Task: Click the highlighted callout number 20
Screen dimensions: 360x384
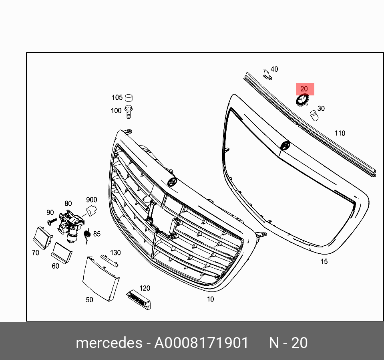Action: (304, 89)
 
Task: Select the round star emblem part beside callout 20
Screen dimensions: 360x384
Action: (302, 101)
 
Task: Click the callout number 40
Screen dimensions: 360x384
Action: (274, 69)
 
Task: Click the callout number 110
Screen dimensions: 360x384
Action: (340, 133)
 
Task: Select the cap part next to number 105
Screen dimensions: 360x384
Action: (129, 97)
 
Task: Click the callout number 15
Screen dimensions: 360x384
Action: (324, 261)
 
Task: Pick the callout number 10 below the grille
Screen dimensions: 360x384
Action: (210, 299)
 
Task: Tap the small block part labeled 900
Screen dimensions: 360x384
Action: (92, 210)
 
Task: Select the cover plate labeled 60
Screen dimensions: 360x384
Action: (62, 252)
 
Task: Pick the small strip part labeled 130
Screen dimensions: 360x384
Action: (109, 260)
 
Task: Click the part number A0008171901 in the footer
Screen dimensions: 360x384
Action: (201, 343)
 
